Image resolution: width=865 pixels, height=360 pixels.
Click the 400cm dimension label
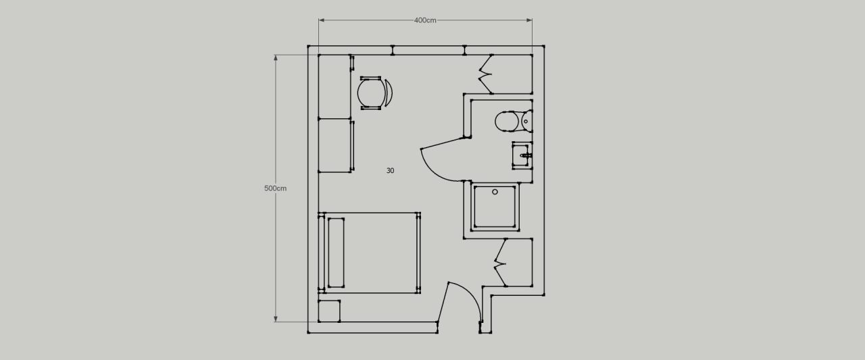425,20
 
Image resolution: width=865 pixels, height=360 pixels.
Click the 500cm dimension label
275,188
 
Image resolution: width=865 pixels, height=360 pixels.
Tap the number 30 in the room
391,171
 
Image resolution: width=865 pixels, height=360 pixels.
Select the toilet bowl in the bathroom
507,121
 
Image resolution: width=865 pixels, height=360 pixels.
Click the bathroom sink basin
520,155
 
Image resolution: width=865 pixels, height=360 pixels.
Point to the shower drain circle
495,192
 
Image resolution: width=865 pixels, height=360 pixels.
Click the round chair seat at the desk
372,93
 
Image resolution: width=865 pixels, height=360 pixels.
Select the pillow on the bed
336,253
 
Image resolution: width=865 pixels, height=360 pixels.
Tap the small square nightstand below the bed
329,311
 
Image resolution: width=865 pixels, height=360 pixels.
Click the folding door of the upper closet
485,74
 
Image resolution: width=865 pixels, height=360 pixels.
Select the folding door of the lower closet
499,263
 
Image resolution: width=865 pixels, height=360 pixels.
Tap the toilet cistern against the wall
527,121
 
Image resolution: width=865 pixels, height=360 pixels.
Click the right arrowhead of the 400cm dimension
529,20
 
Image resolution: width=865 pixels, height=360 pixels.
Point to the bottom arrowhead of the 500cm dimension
275,319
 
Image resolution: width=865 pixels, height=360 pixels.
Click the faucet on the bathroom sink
526,155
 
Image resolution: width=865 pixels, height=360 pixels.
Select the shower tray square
495,207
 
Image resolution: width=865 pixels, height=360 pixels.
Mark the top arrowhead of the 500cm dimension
275,58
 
